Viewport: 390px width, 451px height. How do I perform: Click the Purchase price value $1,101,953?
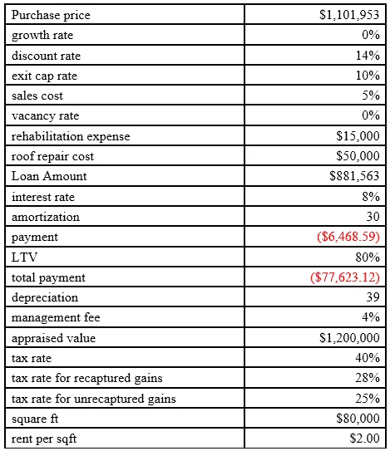(x=349, y=16)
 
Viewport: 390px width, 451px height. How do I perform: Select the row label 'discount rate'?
(x=46, y=56)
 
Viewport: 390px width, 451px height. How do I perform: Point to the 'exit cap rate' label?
(x=45, y=76)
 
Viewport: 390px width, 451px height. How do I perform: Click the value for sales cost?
(x=373, y=96)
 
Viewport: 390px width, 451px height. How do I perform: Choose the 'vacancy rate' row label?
(x=46, y=115)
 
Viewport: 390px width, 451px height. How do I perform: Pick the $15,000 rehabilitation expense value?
(x=358, y=136)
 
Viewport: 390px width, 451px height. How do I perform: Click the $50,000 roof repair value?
(x=358, y=156)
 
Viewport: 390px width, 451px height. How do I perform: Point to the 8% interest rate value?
(x=373, y=196)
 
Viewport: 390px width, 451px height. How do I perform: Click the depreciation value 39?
(x=373, y=297)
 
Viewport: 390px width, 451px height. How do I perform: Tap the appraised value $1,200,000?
(x=349, y=337)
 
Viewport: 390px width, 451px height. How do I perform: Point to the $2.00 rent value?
(x=364, y=438)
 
